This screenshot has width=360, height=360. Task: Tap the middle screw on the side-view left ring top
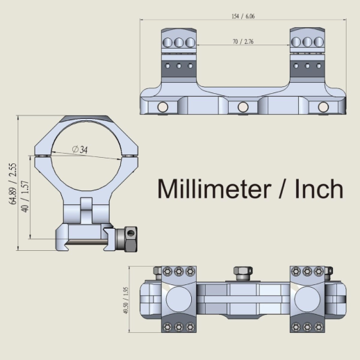(x=178, y=42)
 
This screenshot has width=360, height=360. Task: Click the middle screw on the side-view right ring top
(x=306, y=42)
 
